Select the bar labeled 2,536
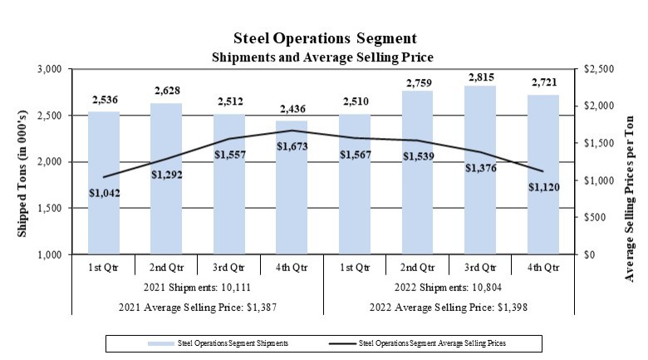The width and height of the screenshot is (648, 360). [x=104, y=208]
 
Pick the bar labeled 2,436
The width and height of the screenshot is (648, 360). [x=291, y=216]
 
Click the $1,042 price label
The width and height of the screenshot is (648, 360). [x=105, y=192]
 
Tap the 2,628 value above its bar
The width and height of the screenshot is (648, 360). [x=166, y=90]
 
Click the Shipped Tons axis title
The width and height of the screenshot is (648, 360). [x=23, y=162]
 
